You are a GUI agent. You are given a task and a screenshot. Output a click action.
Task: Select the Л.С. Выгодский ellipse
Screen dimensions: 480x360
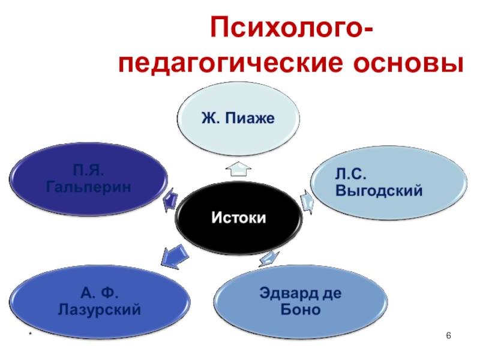click(387, 184)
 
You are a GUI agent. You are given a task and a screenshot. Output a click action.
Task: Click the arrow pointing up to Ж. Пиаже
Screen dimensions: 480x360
click(238, 169)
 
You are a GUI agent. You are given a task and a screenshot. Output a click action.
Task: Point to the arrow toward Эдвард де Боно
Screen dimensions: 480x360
click(269, 257)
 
